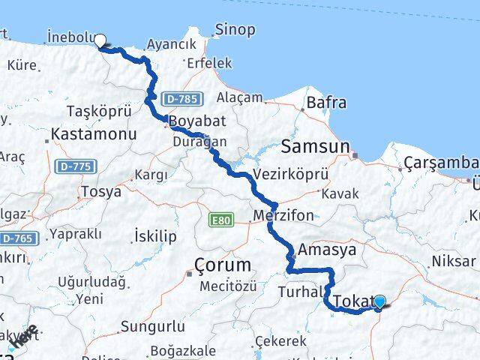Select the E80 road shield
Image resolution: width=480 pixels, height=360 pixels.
tap(221, 219)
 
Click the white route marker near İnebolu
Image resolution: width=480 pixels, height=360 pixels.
tap(98, 43)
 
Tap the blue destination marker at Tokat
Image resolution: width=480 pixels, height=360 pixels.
tap(379, 301)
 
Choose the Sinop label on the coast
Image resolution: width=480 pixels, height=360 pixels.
tap(234, 30)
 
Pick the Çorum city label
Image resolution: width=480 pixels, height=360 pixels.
tap(222, 265)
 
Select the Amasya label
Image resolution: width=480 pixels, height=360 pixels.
tap(327, 250)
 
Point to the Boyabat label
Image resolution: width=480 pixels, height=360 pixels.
tap(193, 121)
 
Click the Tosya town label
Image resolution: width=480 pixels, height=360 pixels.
tap(100, 191)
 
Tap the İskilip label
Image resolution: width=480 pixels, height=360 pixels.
tap(154, 236)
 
